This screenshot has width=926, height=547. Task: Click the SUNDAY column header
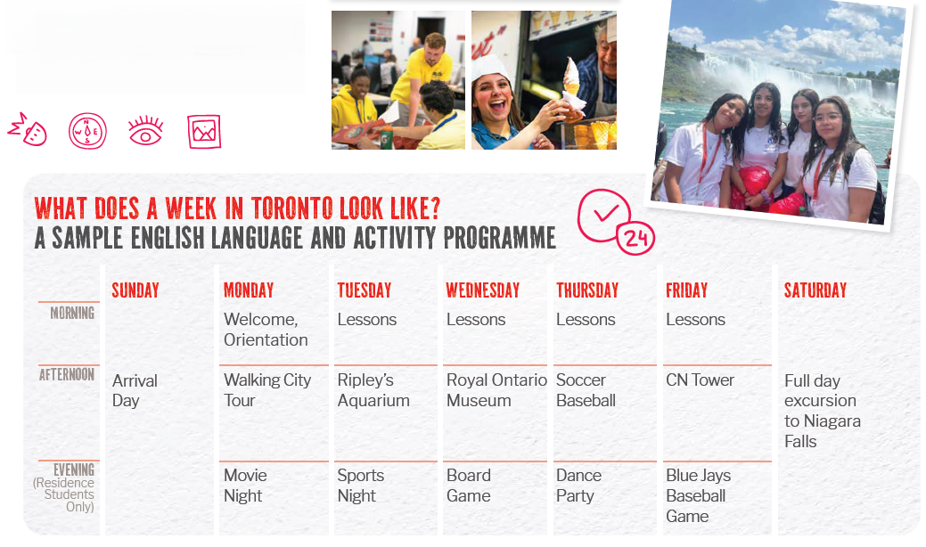coord(135,290)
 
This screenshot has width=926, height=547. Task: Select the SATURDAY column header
coord(815,290)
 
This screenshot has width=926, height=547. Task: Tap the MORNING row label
coord(72,313)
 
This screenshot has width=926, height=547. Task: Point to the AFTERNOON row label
coord(67,375)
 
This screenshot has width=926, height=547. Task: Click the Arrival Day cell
coord(135,390)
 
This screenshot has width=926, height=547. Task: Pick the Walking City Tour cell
coord(267,390)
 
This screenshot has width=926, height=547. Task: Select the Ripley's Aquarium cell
coord(373,390)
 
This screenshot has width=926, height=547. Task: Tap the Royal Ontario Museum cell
coord(496,390)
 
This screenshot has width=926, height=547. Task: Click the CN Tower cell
coord(700,380)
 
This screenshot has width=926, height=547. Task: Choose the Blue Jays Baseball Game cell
coord(698,495)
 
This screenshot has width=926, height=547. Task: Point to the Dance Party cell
coord(578,486)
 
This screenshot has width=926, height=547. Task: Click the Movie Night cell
coord(245,486)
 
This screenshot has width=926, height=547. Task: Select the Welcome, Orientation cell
coord(266,330)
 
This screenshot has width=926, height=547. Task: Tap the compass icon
coord(87,131)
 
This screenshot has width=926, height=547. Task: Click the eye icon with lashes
coord(145,131)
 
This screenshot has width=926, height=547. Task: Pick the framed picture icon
coord(204,131)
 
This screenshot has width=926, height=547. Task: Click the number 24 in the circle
coord(635,239)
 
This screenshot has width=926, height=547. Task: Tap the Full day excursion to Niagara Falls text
coord(822,411)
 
